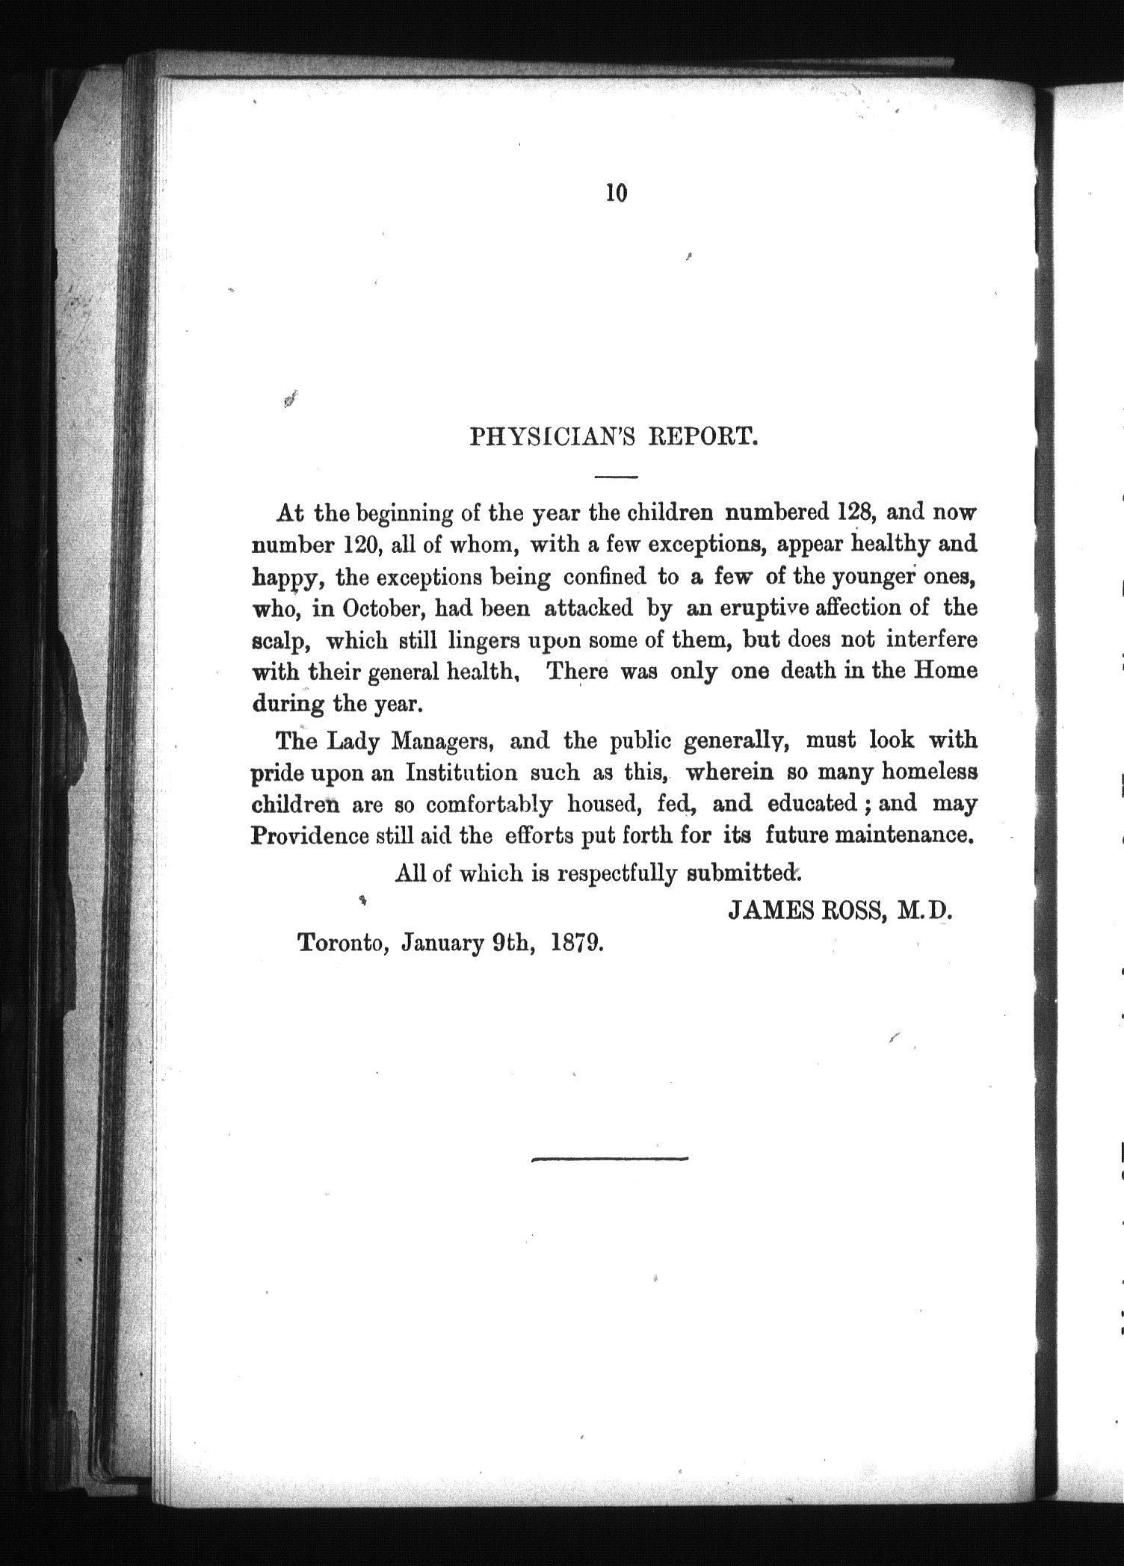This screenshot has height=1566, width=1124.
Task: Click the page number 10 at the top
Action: (x=617, y=193)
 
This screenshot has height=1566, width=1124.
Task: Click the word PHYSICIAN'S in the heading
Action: (x=552, y=436)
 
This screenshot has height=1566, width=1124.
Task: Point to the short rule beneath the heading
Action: (x=616, y=476)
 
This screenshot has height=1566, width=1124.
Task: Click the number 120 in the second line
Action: (x=362, y=545)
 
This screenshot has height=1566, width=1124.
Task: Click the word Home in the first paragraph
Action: (x=946, y=670)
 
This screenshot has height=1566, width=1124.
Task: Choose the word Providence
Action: (x=309, y=835)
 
